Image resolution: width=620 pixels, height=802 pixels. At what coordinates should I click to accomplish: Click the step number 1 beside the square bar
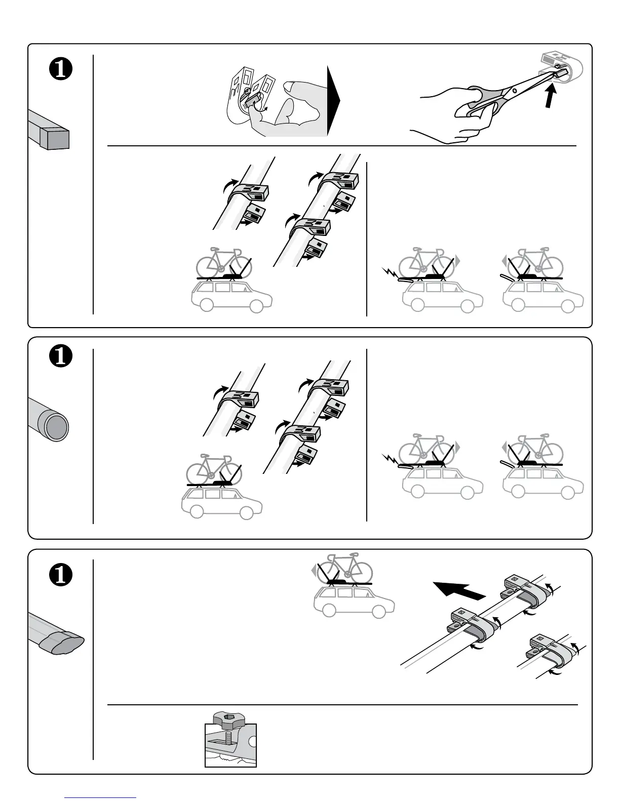[60, 70]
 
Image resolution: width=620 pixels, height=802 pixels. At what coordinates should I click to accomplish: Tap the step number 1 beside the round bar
[60, 356]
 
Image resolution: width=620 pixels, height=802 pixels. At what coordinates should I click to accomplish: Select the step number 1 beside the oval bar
[60, 575]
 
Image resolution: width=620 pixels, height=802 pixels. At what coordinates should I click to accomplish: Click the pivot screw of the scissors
[514, 91]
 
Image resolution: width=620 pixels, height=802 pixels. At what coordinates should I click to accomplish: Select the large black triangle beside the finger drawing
[333, 101]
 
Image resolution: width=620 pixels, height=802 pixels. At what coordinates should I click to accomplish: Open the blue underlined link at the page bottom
[101, 797]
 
